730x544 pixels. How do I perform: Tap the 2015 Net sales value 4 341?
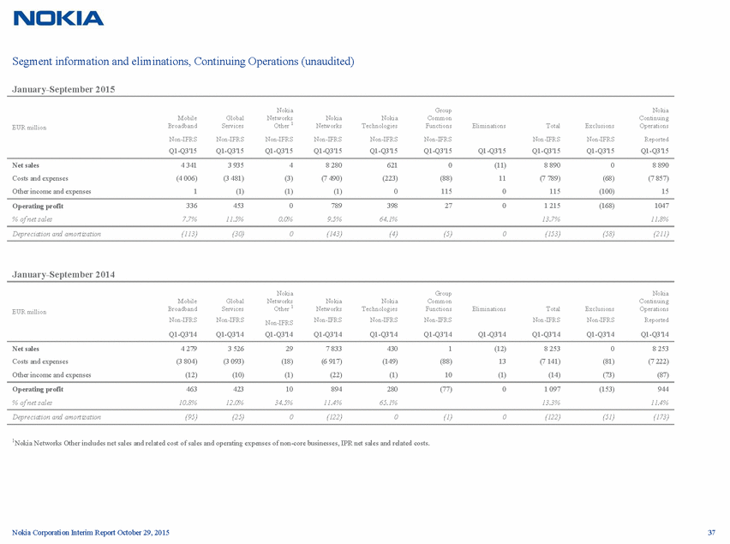pos(186,162)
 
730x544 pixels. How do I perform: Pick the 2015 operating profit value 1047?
pos(658,206)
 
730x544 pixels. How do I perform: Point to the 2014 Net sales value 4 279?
pos(185,349)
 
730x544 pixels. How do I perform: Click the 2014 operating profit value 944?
pos(660,392)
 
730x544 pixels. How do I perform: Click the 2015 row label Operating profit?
pos(36,206)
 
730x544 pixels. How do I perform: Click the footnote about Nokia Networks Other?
pos(221,443)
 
